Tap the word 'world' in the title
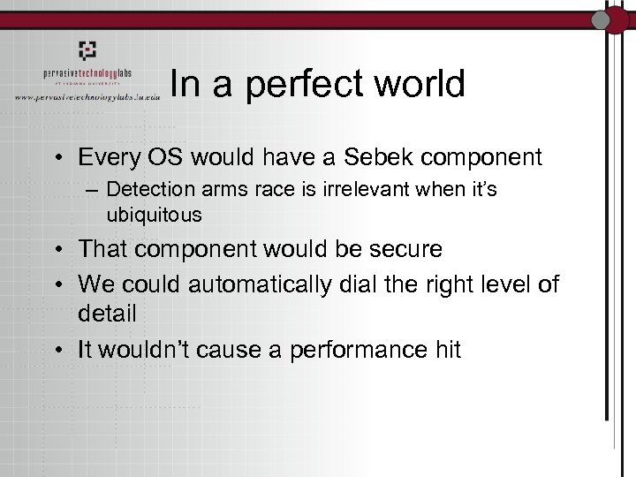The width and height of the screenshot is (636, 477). (419, 84)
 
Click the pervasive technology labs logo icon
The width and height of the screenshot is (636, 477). (86, 50)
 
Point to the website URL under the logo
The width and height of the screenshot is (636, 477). (87, 95)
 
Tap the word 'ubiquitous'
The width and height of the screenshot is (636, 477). (154, 214)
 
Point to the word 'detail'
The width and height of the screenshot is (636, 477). (106, 314)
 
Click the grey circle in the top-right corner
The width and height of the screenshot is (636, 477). (603, 19)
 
